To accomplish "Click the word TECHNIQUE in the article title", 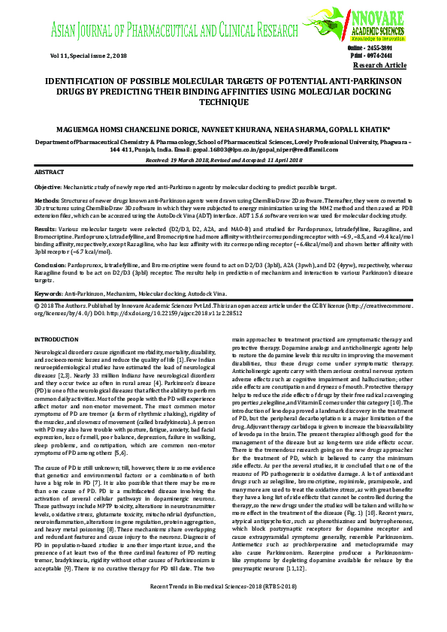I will click(223, 101).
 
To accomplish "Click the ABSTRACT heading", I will click(50, 173).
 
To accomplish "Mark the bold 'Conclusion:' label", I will click(51, 265).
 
